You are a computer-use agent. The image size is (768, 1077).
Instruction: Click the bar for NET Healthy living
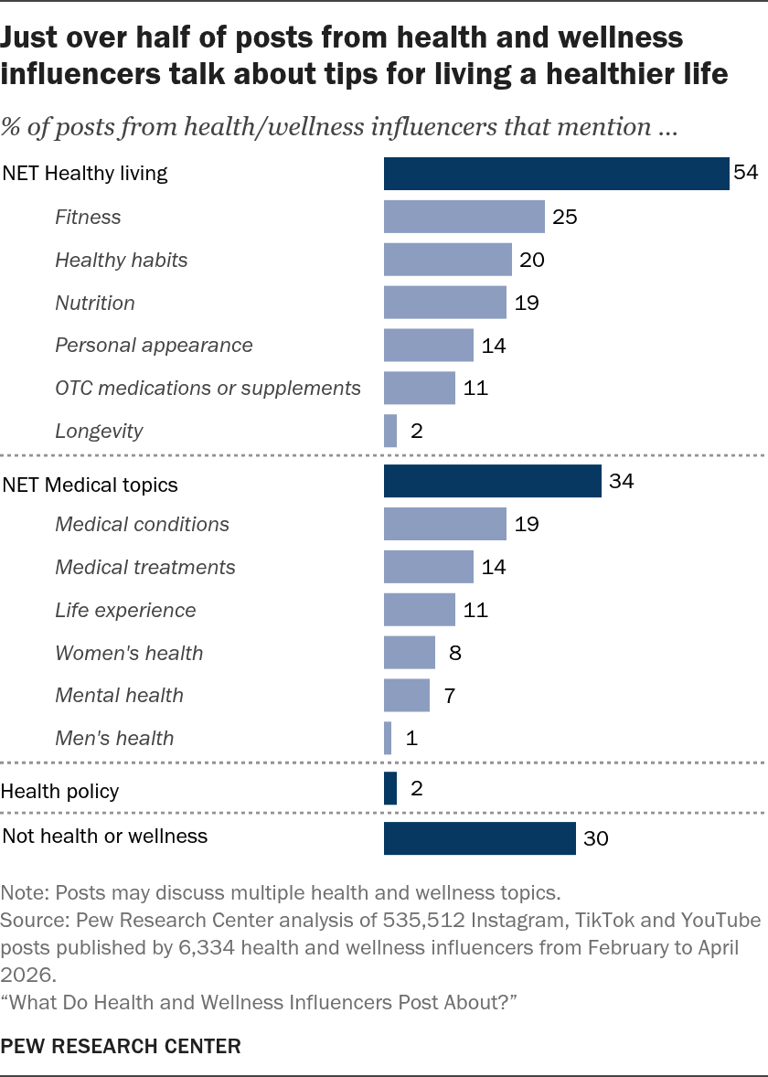[557, 173]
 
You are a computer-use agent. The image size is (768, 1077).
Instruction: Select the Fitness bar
[464, 217]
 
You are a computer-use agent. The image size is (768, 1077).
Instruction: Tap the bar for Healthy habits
[448, 260]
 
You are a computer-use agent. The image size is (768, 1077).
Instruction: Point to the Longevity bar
[390, 431]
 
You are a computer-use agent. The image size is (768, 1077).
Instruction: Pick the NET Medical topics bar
[493, 481]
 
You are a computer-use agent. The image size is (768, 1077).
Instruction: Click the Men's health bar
[388, 738]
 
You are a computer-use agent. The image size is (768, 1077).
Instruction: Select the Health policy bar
[390, 788]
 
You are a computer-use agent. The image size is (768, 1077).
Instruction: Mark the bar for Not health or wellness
[479, 838]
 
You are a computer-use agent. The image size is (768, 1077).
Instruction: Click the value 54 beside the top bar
[745, 173]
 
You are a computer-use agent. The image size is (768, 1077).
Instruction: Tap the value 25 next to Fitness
[565, 217]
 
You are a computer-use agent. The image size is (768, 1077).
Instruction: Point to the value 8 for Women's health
[454, 653]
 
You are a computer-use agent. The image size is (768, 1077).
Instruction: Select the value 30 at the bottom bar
[595, 838]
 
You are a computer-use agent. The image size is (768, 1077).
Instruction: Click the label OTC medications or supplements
[208, 388]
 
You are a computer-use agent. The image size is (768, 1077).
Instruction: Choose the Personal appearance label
[154, 345]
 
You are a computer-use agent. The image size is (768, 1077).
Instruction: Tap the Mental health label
[120, 695]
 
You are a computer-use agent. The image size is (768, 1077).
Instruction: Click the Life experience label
[125, 610]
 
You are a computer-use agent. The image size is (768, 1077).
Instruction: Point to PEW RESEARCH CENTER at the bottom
[121, 1046]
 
